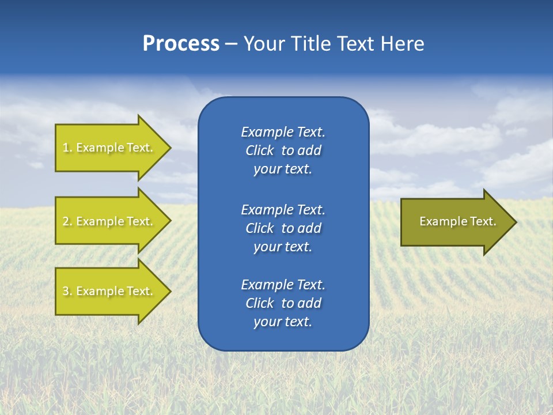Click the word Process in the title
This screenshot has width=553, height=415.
tap(181, 44)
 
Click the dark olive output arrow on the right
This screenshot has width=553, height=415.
tap(455, 222)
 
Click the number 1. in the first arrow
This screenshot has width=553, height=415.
tap(67, 148)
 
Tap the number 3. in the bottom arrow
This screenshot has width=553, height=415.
tap(67, 292)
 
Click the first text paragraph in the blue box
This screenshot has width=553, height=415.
tap(283, 150)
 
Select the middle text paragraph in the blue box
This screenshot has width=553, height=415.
tap(283, 228)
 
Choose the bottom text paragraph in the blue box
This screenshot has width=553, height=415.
tap(283, 303)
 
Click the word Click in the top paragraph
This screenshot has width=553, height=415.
tap(260, 150)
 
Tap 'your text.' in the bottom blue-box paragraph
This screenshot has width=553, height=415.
tap(283, 322)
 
